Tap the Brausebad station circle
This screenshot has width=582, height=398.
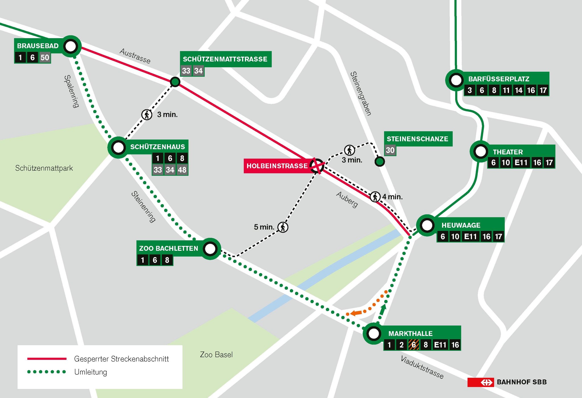70,46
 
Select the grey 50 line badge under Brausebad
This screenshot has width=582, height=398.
45,58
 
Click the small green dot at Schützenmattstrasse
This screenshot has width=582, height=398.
175,82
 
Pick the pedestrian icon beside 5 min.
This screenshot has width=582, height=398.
283,227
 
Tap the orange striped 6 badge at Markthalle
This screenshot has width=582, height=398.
413,345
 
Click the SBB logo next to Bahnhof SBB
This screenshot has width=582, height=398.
480,382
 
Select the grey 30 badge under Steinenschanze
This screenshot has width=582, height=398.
390,150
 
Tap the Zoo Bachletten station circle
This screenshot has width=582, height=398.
210,249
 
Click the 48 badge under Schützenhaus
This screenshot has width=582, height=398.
182,170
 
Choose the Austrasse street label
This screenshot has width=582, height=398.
135,56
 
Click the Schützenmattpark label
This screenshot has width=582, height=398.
44,168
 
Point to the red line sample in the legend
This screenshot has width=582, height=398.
47,359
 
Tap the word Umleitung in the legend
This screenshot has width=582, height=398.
91,372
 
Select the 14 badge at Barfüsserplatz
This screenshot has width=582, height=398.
519,90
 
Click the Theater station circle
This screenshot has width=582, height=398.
480,152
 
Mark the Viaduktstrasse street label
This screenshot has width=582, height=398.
422,367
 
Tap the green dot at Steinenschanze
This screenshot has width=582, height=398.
380,162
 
